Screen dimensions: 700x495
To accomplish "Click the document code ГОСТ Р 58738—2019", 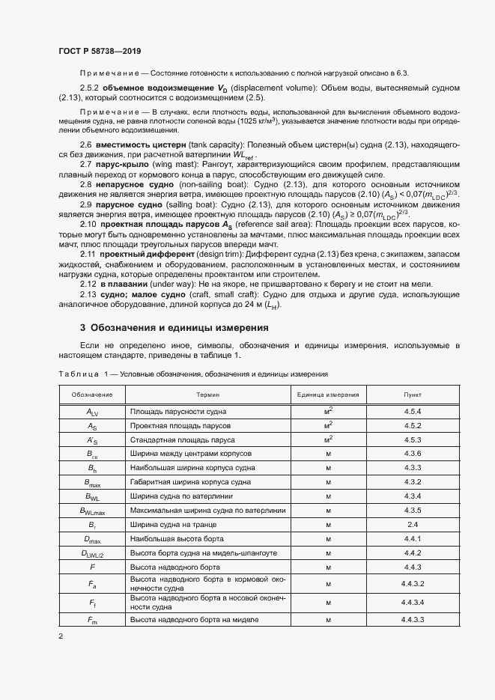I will [99, 51].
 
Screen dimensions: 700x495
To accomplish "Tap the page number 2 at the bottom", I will [61, 636].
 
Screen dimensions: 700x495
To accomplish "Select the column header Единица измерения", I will [328, 394].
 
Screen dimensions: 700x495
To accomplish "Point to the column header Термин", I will [207, 394].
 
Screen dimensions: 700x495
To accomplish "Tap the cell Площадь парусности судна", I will [174, 412].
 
